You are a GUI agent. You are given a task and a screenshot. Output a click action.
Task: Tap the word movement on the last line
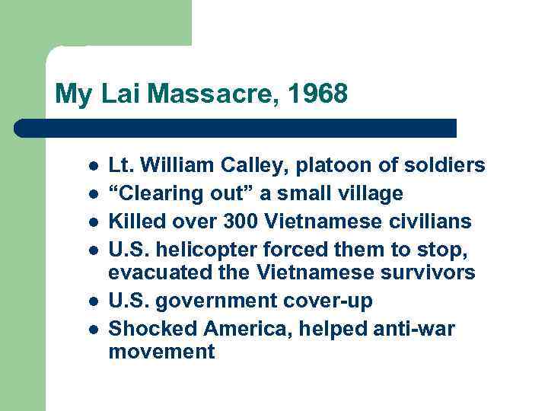161,352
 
